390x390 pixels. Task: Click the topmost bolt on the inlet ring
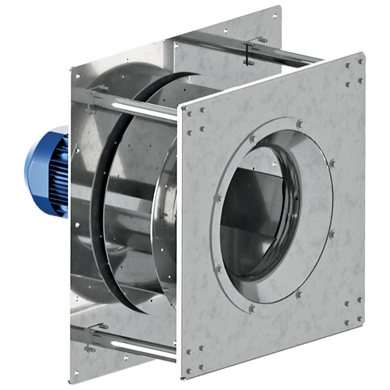[x=300, y=124]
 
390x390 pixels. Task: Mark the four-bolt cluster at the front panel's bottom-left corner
[x=195, y=357]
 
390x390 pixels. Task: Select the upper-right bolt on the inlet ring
[x=332, y=163]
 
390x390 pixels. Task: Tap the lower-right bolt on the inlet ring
[x=300, y=295]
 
